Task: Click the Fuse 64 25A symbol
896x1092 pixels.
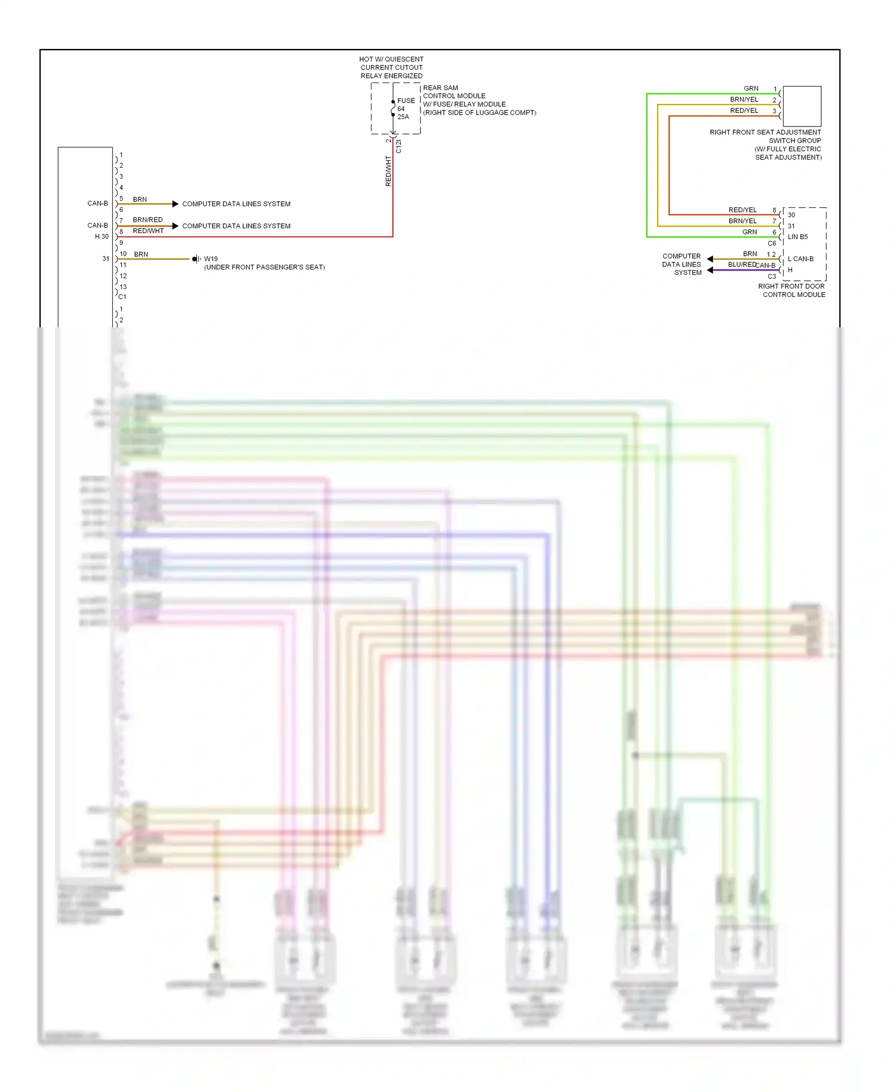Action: (394, 109)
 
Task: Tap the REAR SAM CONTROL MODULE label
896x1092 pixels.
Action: (454, 92)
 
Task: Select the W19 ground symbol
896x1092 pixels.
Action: (196, 259)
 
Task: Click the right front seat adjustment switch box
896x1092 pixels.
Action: (802, 106)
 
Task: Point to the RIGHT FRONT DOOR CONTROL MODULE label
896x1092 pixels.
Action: (791, 290)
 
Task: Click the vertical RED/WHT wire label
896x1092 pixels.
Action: (388, 171)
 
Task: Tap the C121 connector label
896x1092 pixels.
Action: (398, 147)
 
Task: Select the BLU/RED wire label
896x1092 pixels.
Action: (741, 265)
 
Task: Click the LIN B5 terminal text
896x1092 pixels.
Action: (797, 237)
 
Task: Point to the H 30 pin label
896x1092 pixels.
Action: (102, 237)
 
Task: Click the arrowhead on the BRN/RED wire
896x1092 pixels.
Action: (175, 226)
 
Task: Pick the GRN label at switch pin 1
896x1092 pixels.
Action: (751, 88)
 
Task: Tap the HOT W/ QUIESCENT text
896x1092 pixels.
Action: (391, 59)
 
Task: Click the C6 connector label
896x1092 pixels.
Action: (772, 244)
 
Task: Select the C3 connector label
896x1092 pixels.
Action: (772, 277)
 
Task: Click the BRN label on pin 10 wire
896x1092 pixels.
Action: (141, 254)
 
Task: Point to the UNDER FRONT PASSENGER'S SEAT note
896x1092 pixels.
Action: (265, 267)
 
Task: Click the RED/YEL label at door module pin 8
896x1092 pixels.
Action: (742, 210)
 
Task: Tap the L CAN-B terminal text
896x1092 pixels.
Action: (800, 259)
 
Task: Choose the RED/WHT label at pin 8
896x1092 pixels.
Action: (148, 231)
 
